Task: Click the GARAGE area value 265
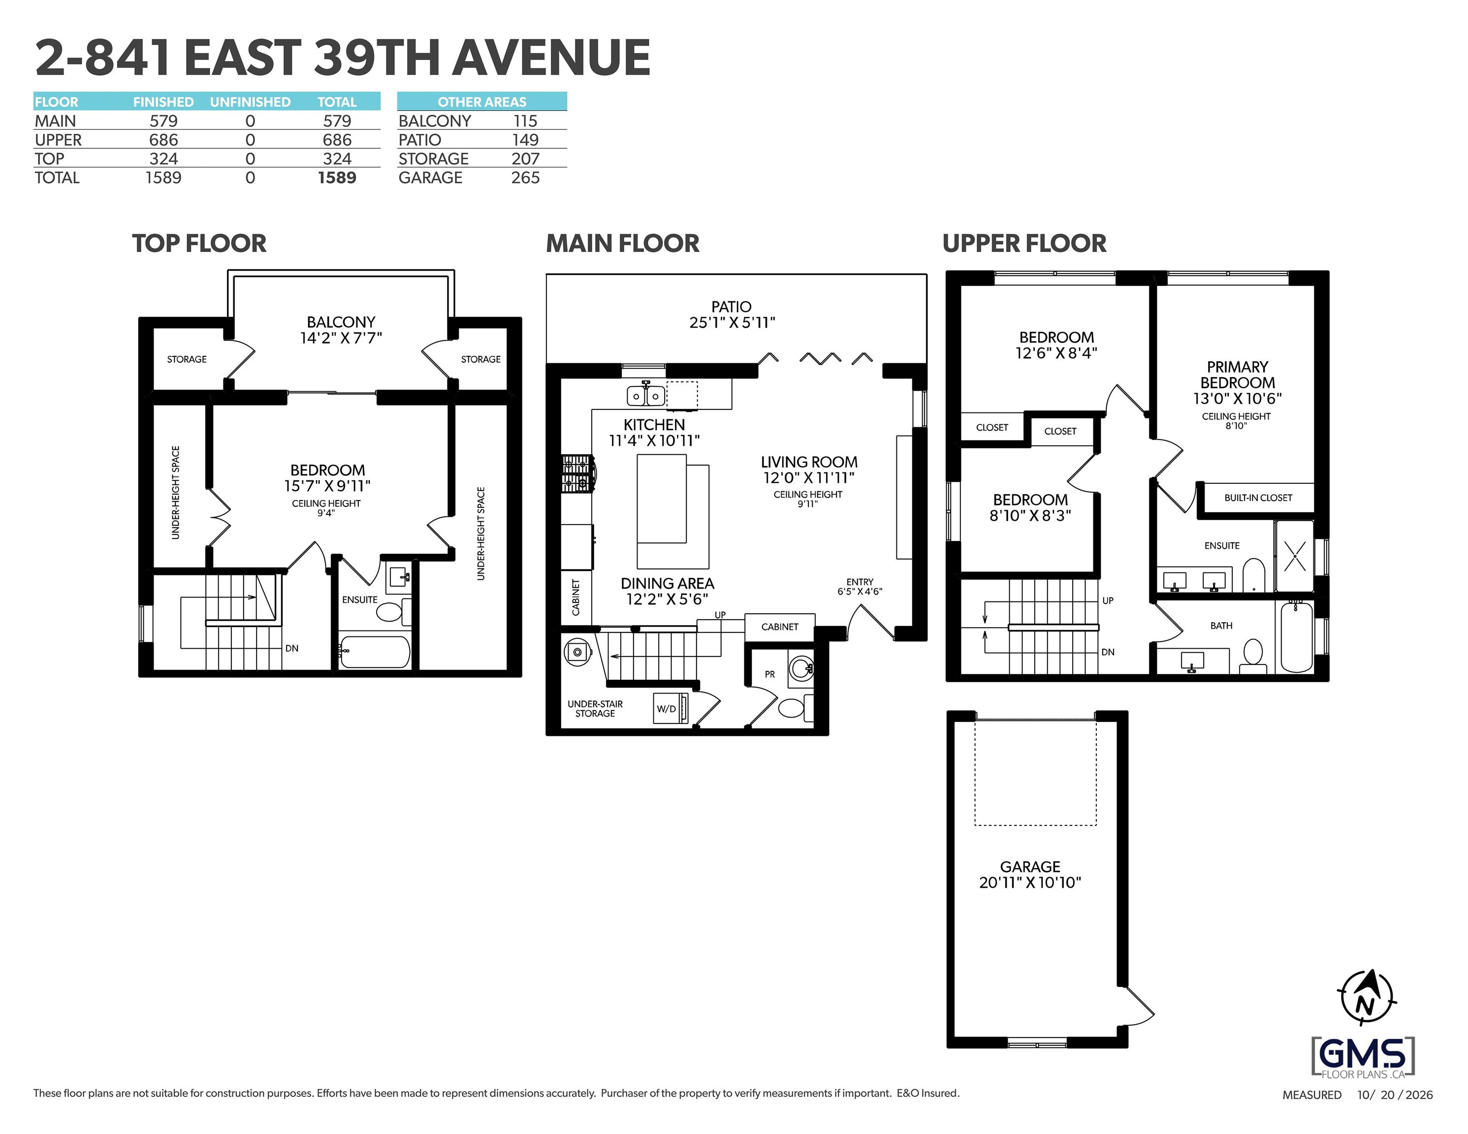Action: point(525,178)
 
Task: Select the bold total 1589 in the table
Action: point(337,178)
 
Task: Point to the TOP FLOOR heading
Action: point(199,243)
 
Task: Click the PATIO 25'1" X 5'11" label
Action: point(732,315)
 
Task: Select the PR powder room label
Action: point(769,674)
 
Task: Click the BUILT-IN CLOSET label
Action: point(1258,498)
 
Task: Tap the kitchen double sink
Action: point(645,395)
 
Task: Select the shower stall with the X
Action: point(1294,556)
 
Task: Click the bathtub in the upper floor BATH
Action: point(1297,636)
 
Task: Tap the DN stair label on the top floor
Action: point(292,649)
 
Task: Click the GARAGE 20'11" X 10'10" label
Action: point(1030,875)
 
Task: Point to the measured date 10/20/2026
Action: point(1395,1095)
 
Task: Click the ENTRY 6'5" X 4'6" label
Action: point(860,587)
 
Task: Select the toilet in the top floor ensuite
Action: point(390,610)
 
